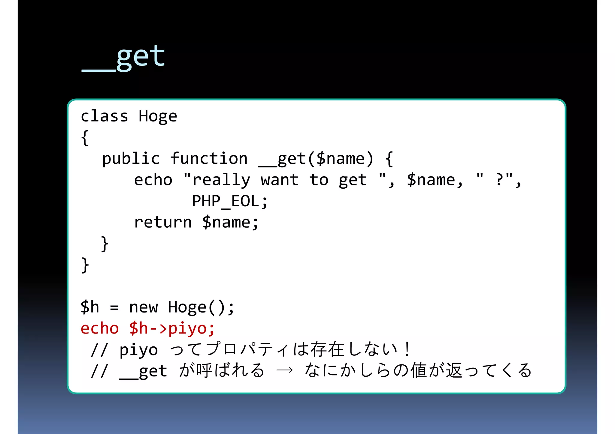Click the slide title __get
pos(123,57)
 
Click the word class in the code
pos(104,116)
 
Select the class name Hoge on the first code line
pos(158,116)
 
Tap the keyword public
pos(131,159)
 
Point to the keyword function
pos(209,159)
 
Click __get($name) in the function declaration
pos(316,159)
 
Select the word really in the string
pos(221,180)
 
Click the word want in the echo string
pos(280,180)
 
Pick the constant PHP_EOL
pos(225,201)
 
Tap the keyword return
pos(162,223)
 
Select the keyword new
pos(143,307)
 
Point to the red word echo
pos(100,328)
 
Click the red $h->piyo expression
pos(172,328)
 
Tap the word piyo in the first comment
pos(138,350)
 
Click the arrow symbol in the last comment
pos(284,371)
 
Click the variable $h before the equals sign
pos(89,307)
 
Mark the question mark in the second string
pos(499,180)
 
